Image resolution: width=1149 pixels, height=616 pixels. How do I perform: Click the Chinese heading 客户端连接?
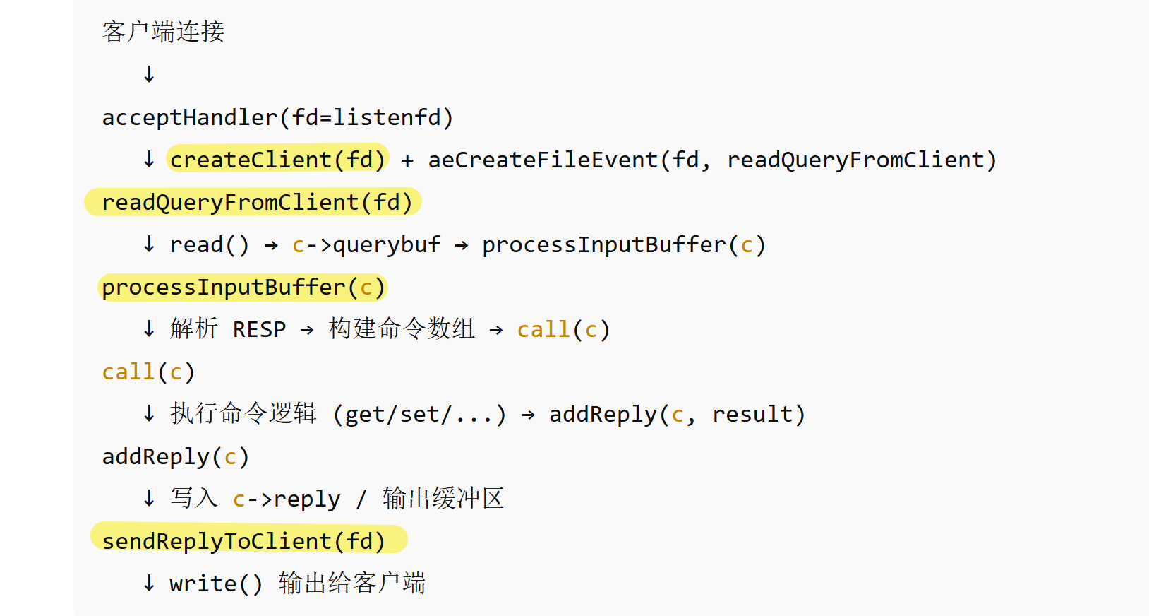(163, 32)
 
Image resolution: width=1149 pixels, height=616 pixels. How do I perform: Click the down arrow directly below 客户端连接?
(149, 74)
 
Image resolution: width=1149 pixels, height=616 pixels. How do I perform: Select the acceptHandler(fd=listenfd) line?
(277, 117)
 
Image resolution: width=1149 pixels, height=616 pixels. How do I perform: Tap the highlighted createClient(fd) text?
(277, 160)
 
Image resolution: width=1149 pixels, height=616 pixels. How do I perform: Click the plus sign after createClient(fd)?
(407, 160)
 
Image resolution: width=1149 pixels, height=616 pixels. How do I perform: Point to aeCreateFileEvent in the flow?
(543, 160)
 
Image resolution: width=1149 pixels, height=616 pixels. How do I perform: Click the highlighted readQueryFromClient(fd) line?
(257, 202)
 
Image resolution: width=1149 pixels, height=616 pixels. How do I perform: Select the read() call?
(210, 244)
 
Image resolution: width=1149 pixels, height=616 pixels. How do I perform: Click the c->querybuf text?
(366, 244)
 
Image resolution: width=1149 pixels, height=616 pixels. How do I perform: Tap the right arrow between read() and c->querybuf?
(271, 245)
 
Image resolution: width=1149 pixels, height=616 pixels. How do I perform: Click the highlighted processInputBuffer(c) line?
(243, 287)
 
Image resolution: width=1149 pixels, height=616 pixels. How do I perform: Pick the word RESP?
(260, 329)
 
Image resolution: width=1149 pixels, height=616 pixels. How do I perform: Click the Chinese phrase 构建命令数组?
(402, 329)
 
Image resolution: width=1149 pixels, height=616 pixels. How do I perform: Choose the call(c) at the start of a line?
(148, 372)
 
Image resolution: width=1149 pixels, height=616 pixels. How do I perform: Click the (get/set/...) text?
(420, 414)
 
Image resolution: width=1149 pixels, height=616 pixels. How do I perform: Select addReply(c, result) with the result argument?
(677, 414)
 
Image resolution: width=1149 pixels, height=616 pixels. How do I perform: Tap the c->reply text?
(287, 499)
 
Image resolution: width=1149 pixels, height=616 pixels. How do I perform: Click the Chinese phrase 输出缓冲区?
(443, 499)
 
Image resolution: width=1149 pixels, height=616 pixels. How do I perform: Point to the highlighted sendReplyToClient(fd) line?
(243, 541)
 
